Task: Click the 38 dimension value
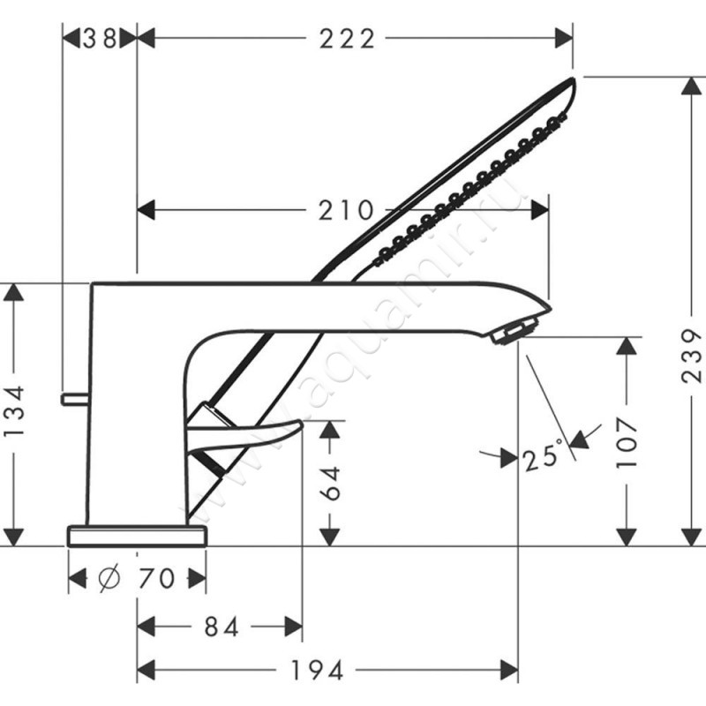tap(100, 39)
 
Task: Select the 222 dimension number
tap(347, 39)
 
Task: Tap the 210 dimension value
tap(346, 210)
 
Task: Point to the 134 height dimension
tap(14, 409)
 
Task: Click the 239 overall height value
tap(691, 357)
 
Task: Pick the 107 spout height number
tap(627, 443)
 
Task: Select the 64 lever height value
tap(330, 483)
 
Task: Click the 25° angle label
tap(543, 456)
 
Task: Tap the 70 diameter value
tap(156, 578)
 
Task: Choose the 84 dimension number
tap(222, 627)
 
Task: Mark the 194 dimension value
tap(317, 671)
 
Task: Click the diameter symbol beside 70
tap(109, 578)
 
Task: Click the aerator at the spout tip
tap(514, 331)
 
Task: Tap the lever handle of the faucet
tap(245, 434)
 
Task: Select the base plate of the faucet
tap(137, 536)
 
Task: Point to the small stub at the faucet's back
tap(75, 399)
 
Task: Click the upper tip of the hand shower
tap(573, 79)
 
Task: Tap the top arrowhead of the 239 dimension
tap(691, 86)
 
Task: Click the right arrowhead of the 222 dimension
tap(564, 38)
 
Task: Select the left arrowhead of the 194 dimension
tap(146, 671)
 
